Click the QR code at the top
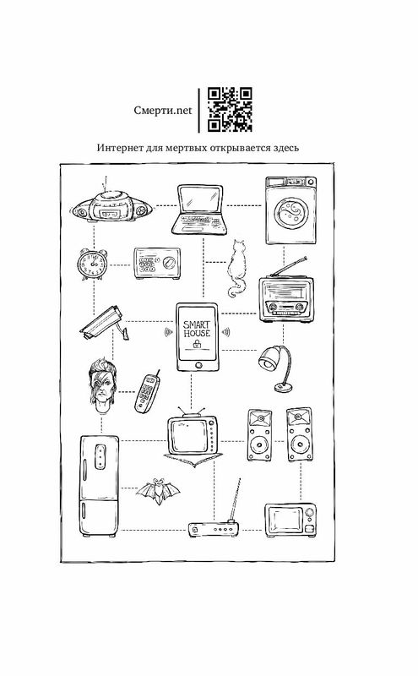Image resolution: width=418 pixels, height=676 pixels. (x=230, y=110)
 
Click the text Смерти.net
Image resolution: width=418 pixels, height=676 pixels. (x=163, y=111)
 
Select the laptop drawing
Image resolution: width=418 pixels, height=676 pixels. (x=200, y=210)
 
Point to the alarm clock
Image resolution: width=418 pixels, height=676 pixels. (x=92, y=264)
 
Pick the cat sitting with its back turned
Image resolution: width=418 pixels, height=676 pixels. (x=236, y=268)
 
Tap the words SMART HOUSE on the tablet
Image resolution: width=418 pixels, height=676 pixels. (x=197, y=329)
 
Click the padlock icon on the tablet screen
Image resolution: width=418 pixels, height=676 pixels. (x=197, y=344)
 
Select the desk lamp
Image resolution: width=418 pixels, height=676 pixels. (x=276, y=368)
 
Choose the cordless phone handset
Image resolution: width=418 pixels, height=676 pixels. (x=147, y=392)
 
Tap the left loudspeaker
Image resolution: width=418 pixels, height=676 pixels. (x=259, y=435)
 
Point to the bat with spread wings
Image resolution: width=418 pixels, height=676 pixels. (x=158, y=491)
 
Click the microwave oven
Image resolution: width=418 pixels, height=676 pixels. (x=290, y=521)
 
